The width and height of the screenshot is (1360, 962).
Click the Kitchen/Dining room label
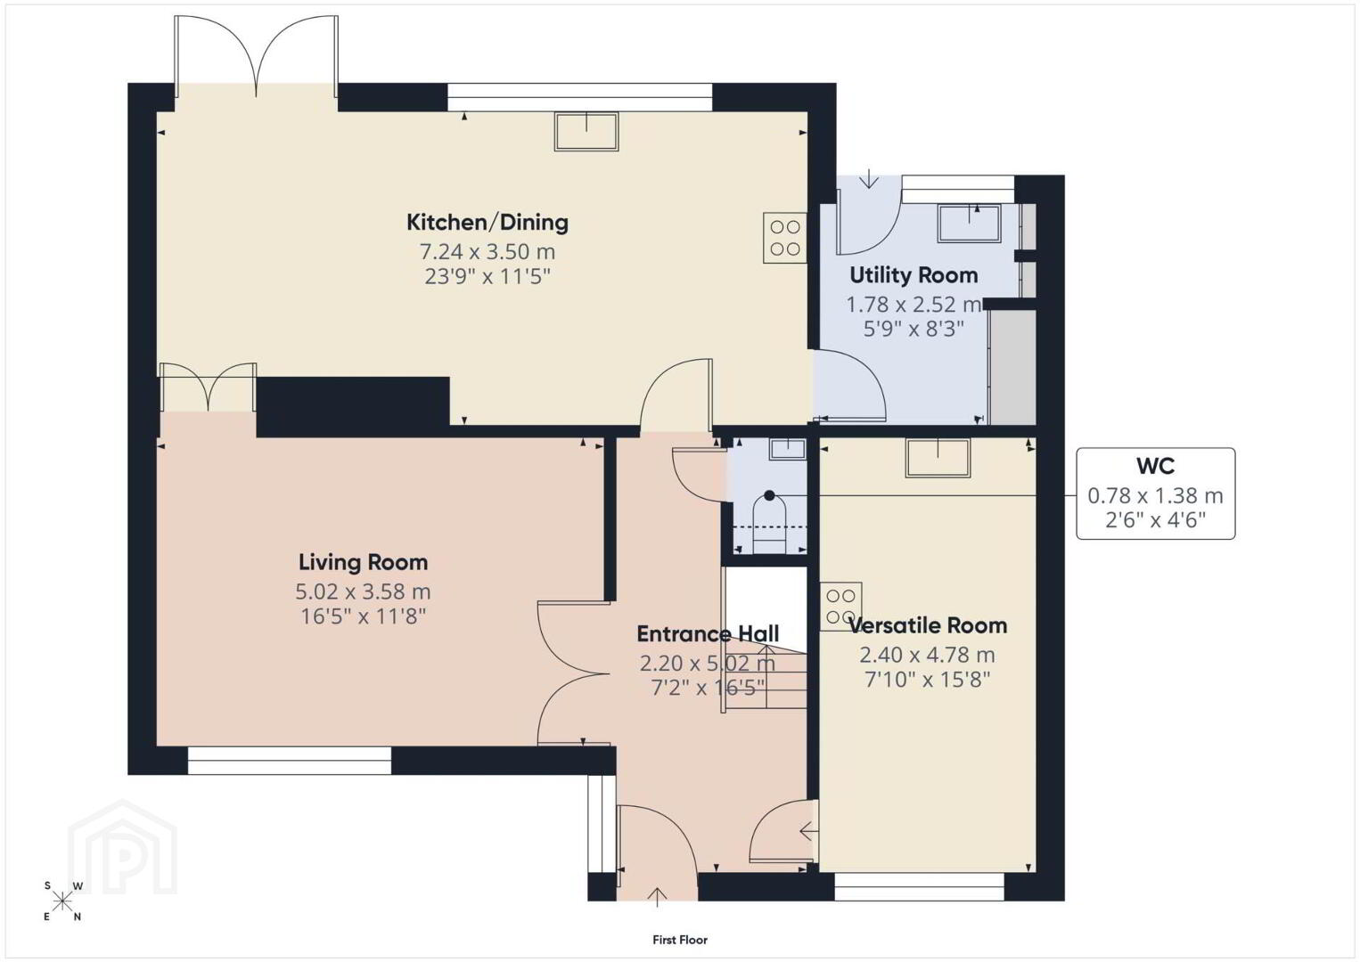tap(487, 223)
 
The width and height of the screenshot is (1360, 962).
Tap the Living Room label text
tap(363, 562)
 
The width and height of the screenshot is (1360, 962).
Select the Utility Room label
tap(913, 275)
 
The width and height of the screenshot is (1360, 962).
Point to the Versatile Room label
tap(928, 626)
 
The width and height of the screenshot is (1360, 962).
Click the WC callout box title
tap(1155, 466)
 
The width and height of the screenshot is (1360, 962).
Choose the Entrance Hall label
tap(708, 634)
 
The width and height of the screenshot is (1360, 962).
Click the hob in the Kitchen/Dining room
tap(785, 238)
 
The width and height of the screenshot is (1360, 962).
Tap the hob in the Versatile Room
tap(841, 607)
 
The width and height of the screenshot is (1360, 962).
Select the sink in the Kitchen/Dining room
tap(586, 131)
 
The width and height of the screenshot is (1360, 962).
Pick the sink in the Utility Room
tap(969, 224)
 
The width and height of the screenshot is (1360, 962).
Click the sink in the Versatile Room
tap(938, 458)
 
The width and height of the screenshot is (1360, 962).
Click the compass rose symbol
tap(61, 901)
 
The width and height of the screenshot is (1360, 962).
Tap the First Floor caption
tap(680, 940)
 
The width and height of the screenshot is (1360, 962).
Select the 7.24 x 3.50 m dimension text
tap(487, 251)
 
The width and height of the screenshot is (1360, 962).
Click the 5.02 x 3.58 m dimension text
tap(363, 591)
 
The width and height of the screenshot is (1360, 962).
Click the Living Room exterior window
tap(290, 761)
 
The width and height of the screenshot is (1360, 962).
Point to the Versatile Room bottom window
tap(919, 887)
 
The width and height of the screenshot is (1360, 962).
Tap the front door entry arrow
tap(657, 897)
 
